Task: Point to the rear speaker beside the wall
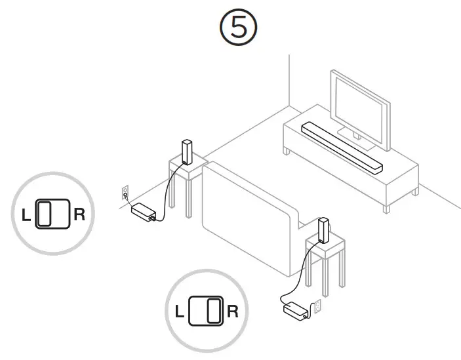coord(186,151)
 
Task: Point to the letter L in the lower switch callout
coord(179,311)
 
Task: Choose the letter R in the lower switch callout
coord(232,311)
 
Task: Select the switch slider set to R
coord(212,311)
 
